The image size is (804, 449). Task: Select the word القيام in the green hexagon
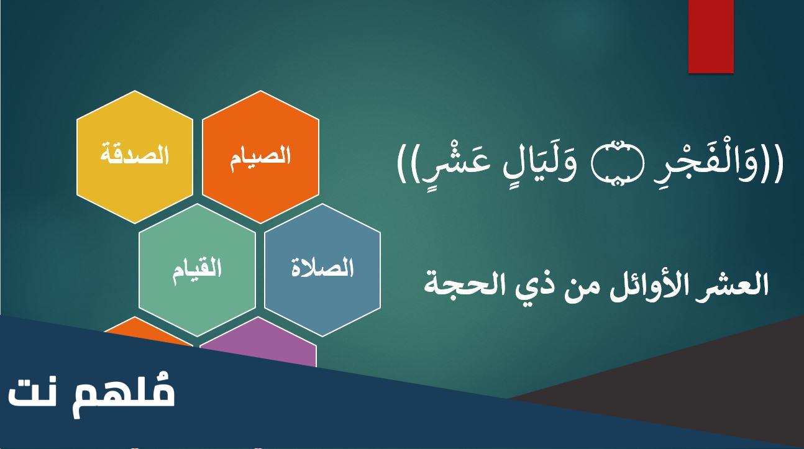(197, 271)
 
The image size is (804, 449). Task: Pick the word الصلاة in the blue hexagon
(322, 268)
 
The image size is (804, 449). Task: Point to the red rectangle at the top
(711, 36)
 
